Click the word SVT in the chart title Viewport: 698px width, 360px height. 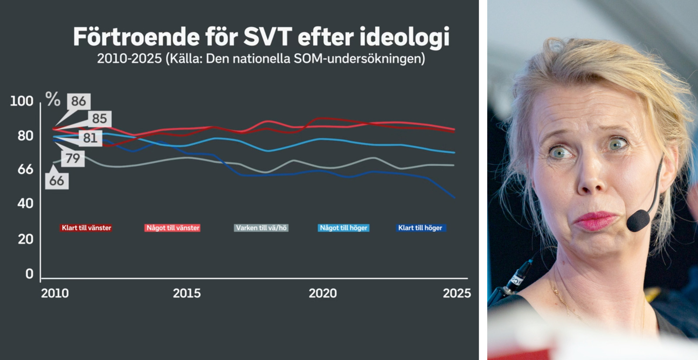pyautogui.click(x=267, y=37)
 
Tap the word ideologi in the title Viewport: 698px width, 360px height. pyautogui.click(x=404, y=38)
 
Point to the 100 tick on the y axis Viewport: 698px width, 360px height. pyautogui.click(x=22, y=101)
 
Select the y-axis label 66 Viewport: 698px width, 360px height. pyautogui.click(x=25, y=169)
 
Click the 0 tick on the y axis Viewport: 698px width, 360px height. pyautogui.click(x=29, y=274)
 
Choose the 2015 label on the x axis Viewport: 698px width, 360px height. pyautogui.click(x=187, y=293)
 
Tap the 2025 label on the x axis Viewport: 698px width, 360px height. pyautogui.click(x=457, y=293)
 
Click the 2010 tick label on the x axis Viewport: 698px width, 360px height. pyautogui.click(x=55, y=293)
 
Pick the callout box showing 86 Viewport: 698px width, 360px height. pyautogui.click(x=79, y=101)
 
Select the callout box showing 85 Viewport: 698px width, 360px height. pyautogui.click(x=99, y=119)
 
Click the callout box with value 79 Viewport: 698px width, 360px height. pyautogui.click(x=73, y=158)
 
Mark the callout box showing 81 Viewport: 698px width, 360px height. pyautogui.click(x=90, y=138)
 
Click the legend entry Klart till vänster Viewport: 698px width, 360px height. pyautogui.click(x=86, y=228)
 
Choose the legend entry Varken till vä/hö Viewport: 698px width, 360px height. pyautogui.click(x=261, y=228)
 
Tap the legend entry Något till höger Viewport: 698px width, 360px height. pyautogui.click(x=344, y=228)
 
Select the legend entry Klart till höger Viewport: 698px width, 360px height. pyautogui.click(x=420, y=228)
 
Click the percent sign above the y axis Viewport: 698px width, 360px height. pyautogui.click(x=53, y=99)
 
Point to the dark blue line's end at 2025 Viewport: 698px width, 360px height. pyautogui.click(x=455, y=198)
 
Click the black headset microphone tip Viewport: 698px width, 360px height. pyautogui.click(x=638, y=221)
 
